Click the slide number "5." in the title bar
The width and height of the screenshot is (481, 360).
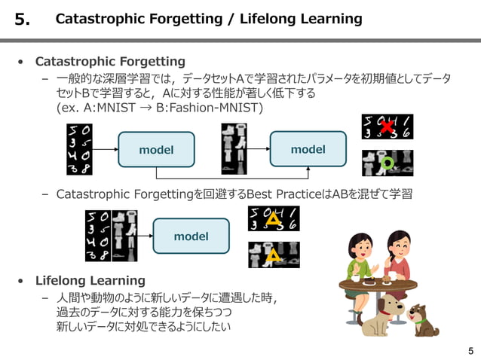point(23,20)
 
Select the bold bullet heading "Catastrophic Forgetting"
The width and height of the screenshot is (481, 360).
point(110,61)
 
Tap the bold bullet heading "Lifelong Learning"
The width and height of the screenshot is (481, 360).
point(90,281)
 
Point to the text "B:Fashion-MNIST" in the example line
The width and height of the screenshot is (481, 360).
point(212,108)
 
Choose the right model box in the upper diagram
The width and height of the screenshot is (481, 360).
point(308,149)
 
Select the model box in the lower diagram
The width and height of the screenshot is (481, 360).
point(191,236)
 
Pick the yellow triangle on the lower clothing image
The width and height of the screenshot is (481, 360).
point(273,255)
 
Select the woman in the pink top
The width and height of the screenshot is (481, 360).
point(400,255)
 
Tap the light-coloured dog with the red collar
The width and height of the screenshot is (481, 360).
point(381,316)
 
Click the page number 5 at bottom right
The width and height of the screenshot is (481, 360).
point(470,349)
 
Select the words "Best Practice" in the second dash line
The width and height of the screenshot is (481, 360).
point(268,194)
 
